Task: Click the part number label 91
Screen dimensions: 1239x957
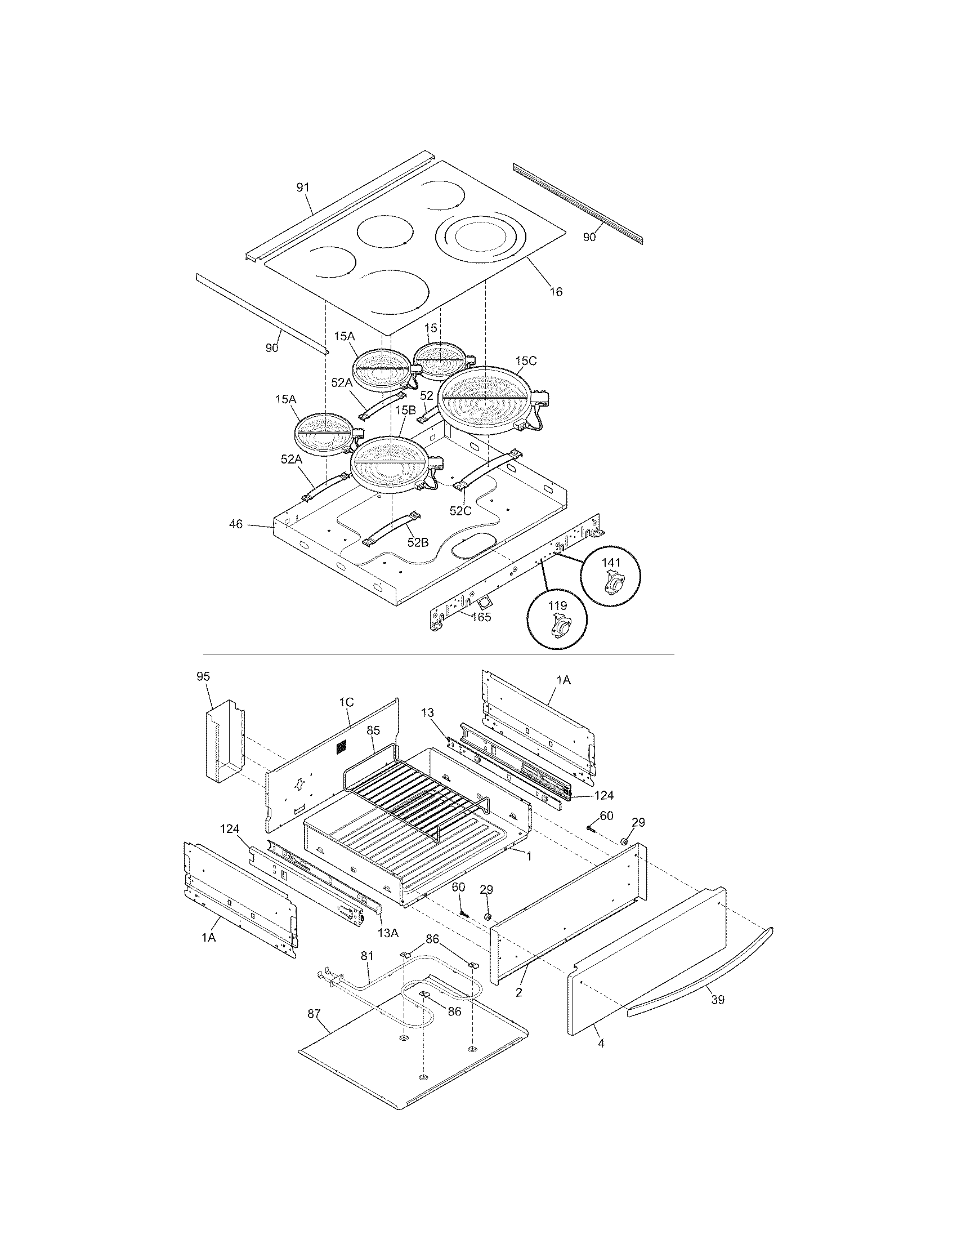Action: pyautogui.click(x=303, y=188)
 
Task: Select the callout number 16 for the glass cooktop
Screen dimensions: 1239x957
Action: pyautogui.click(x=556, y=292)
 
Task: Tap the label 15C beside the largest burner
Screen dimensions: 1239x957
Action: pyautogui.click(x=526, y=361)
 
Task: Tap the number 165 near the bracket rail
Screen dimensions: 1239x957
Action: pyautogui.click(x=481, y=617)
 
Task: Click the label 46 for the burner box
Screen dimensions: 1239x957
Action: pyautogui.click(x=236, y=524)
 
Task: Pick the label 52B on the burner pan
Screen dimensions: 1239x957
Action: pyautogui.click(x=418, y=542)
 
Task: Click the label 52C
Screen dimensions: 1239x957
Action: pyautogui.click(x=460, y=511)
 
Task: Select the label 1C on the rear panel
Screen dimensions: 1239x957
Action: pyautogui.click(x=346, y=702)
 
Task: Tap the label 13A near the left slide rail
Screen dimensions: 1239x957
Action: pyautogui.click(x=388, y=932)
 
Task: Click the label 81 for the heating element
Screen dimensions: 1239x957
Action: pyautogui.click(x=368, y=956)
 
